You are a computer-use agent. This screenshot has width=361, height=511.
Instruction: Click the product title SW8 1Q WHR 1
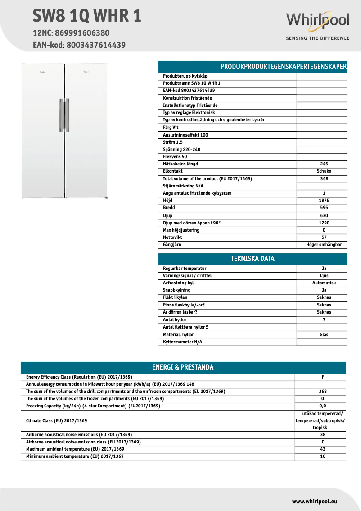pos(87,16)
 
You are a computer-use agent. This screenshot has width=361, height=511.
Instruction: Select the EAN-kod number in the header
pos(96,45)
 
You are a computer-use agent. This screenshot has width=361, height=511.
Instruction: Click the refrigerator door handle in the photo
pos(64,115)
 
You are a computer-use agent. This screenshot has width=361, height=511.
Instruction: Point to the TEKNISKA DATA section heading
pos(253,259)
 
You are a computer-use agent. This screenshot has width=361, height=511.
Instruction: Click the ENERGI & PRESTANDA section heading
pos(183,367)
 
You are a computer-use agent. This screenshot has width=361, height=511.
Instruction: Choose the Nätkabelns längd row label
pos(180,164)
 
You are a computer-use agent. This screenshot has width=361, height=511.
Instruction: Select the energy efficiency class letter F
pos(323,377)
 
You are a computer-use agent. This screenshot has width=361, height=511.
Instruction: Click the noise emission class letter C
pos(323,442)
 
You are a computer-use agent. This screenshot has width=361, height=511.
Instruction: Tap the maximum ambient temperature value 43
pos(323,449)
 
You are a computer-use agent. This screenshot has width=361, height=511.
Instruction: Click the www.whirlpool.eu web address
pos(315,502)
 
